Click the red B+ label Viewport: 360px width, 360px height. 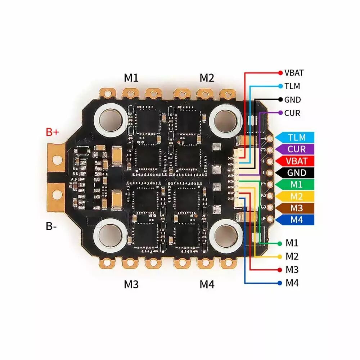[52, 132]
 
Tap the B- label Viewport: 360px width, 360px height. [51, 226]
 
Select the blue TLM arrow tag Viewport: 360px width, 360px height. [294, 137]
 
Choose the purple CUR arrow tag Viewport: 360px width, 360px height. [294, 149]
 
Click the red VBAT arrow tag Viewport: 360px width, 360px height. [294, 161]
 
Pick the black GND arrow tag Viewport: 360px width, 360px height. [294, 173]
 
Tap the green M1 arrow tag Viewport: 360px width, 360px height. [294, 184]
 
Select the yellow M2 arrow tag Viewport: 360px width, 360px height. [294, 196]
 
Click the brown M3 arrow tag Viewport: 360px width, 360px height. [294, 208]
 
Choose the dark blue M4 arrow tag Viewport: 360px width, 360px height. [294, 220]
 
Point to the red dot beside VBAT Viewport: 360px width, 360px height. [280, 73]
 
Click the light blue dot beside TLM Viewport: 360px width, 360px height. [280, 86]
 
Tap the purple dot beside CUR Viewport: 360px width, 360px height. [280, 113]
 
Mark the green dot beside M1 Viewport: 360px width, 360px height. [280, 243]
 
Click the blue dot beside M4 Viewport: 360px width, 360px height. [280, 283]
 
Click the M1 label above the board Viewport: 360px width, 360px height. [131, 78]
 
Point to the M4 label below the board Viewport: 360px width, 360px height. [207, 284]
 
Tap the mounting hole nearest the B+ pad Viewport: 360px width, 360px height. [111, 119]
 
